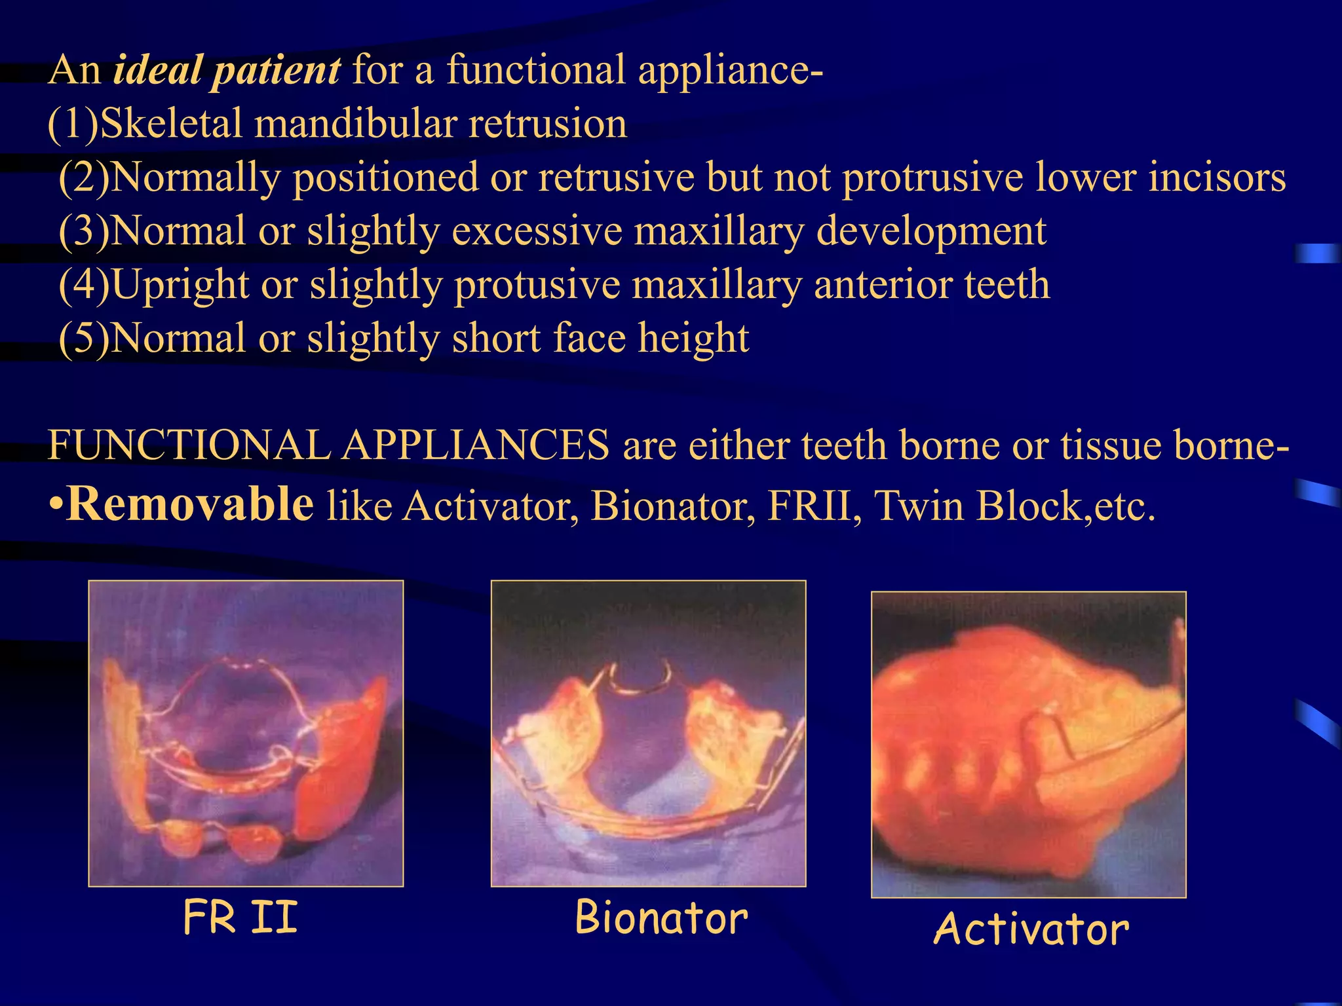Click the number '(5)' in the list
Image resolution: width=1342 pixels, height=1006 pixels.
coord(84,339)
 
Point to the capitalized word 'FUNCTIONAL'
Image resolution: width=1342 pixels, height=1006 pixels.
coord(190,445)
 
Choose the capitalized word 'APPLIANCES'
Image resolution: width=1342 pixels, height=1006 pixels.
coord(476,445)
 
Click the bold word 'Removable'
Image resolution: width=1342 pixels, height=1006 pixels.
coord(190,504)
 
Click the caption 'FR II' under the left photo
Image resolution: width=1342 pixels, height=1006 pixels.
coord(240,918)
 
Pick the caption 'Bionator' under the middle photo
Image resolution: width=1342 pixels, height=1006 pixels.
coord(661,918)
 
